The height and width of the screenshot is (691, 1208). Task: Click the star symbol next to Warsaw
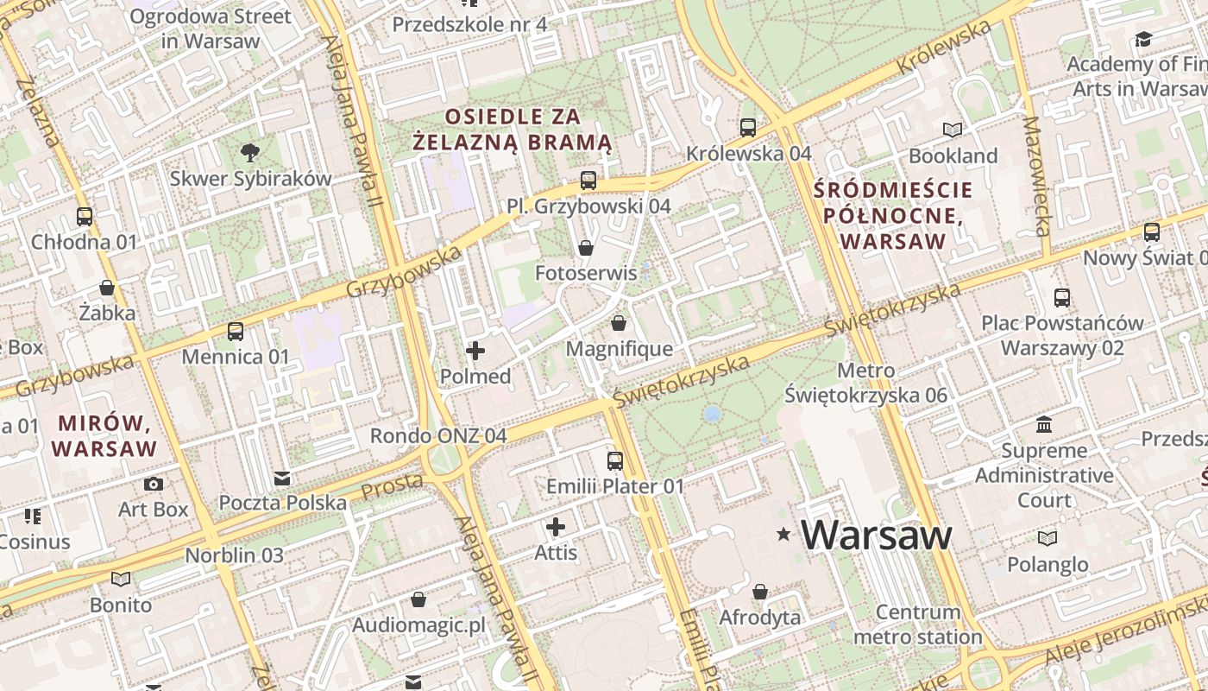coord(783,536)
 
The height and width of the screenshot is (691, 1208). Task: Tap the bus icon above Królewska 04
coord(748,128)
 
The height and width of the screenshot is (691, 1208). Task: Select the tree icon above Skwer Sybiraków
coord(250,153)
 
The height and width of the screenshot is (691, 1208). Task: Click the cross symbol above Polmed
coord(475,351)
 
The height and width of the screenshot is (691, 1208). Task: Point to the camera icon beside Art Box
coord(154,484)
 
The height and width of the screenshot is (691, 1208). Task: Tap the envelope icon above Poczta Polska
coord(282,478)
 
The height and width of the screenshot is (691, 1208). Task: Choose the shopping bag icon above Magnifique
coord(619,324)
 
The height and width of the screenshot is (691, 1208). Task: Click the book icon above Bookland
coord(953,130)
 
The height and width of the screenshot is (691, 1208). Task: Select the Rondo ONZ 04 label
coord(438,435)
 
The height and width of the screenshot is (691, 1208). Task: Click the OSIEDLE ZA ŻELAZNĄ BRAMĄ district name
coord(513,129)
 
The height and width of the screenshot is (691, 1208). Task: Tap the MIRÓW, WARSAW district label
coord(104,436)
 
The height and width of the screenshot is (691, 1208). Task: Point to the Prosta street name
coord(392,486)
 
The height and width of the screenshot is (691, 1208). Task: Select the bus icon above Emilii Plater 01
coord(615,461)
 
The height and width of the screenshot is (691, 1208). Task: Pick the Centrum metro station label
coord(918,624)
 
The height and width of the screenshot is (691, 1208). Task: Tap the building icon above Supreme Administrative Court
coord(1045,425)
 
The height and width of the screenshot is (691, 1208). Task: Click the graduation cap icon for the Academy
coord(1143,39)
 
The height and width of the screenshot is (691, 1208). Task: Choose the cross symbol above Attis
coord(556,526)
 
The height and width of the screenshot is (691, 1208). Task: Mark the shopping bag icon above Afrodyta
coord(760,593)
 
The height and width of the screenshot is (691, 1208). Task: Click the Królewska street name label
coord(944,48)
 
